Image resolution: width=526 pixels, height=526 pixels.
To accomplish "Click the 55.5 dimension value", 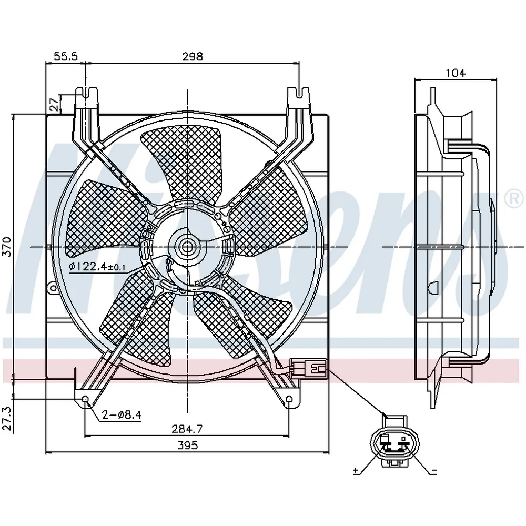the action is click(66, 56).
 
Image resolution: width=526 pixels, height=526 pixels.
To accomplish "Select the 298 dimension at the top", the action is click(193, 56).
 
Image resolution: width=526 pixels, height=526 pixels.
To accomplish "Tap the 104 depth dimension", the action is click(456, 73).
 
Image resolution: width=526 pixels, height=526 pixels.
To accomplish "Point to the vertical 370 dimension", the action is click(7, 247).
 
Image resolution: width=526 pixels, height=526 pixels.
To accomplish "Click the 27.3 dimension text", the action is click(7, 419).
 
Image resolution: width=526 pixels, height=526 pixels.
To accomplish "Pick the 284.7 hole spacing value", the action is click(187, 428).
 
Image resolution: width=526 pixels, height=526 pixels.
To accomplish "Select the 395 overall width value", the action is click(188, 445).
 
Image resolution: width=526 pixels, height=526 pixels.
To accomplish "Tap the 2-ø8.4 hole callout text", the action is click(122, 415).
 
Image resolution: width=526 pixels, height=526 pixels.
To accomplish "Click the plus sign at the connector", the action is click(356, 471).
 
